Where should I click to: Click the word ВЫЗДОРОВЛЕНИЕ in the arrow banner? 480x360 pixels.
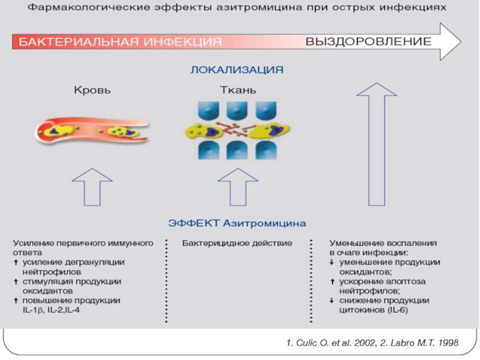point(368,42)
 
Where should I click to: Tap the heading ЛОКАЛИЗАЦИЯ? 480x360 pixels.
point(237,70)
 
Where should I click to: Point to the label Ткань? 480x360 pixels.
point(238,91)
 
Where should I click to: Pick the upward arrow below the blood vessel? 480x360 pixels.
point(92,187)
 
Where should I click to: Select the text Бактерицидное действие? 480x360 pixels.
point(237,244)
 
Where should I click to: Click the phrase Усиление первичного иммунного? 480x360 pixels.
point(83,244)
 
